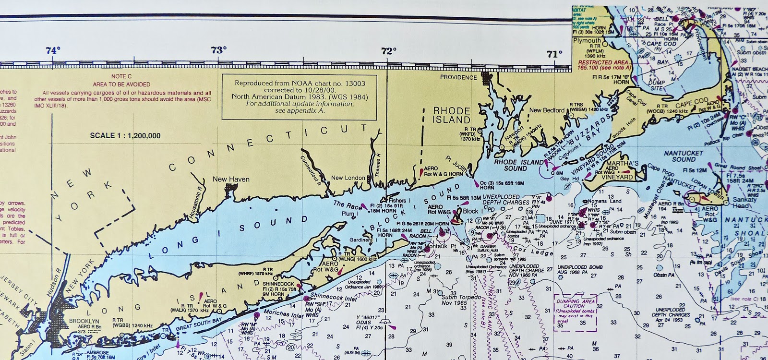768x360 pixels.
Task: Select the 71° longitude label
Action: point(554,53)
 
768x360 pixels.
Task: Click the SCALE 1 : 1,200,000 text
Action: point(125,136)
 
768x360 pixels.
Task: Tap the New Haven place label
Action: point(231,180)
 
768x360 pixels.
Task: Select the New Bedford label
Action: point(544,111)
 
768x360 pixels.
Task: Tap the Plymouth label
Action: point(587,41)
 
